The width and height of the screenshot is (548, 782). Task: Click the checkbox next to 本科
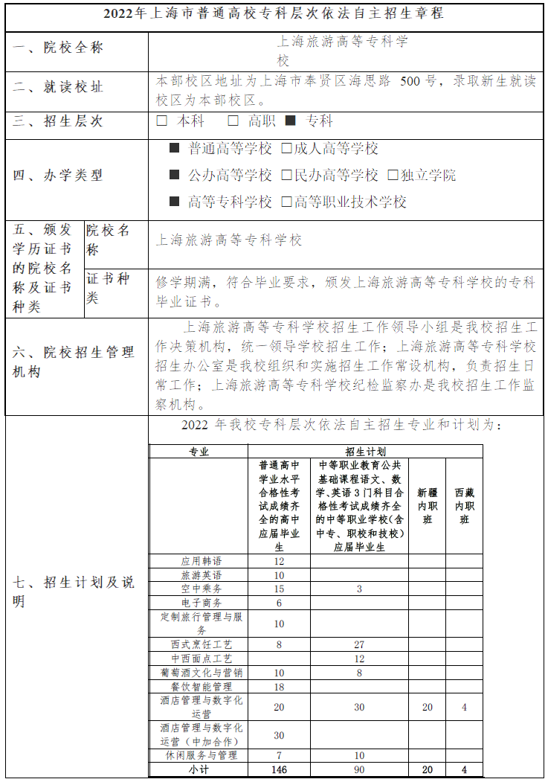click(162, 121)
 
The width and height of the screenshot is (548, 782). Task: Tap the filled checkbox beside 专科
click(291, 121)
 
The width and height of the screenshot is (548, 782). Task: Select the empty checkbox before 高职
click(233, 121)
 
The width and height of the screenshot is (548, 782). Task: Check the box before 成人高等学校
click(286, 148)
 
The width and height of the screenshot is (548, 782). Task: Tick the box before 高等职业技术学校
click(286, 202)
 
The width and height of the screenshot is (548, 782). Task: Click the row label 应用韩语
click(201, 561)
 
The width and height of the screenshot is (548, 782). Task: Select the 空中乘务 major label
click(201, 589)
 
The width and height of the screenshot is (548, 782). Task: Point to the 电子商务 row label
click(201, 603)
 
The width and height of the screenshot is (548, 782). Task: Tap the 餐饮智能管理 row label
click(201, 687)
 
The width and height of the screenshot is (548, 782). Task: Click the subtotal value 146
click(279, 769)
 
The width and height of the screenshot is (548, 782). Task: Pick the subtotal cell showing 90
click(359, 769)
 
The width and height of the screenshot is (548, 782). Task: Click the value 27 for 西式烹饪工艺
click(359, 644)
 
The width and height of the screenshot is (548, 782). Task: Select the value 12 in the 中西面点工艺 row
click(359, 658)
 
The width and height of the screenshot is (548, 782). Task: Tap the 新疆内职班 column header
click(427, 506)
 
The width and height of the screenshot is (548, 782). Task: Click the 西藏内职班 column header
click(464, 506)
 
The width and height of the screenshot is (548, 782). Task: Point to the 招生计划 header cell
click(365, 451)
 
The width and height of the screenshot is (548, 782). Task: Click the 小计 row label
click(199, 769)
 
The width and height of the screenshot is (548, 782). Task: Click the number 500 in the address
click(410, 81)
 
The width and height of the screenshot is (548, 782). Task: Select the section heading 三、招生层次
click(58, 121)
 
